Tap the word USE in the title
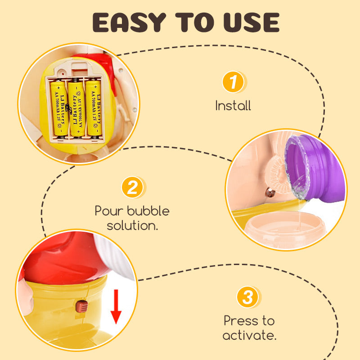251,22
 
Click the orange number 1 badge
233,82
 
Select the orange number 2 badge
132,187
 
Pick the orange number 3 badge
247,297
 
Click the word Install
233,106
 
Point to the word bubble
148,211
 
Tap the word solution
132,225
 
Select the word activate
249,335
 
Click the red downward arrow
116,306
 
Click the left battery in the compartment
60,108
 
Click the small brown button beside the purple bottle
270,193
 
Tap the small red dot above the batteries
63,74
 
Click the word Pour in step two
109,211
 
